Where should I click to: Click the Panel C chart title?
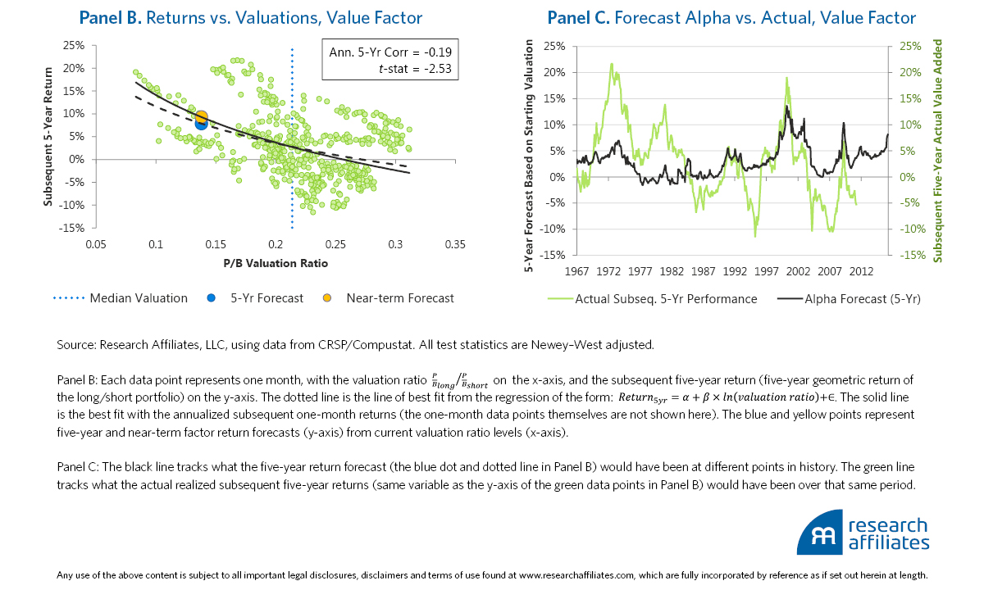pos(731,18)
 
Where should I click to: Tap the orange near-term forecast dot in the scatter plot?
pos(201,117)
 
